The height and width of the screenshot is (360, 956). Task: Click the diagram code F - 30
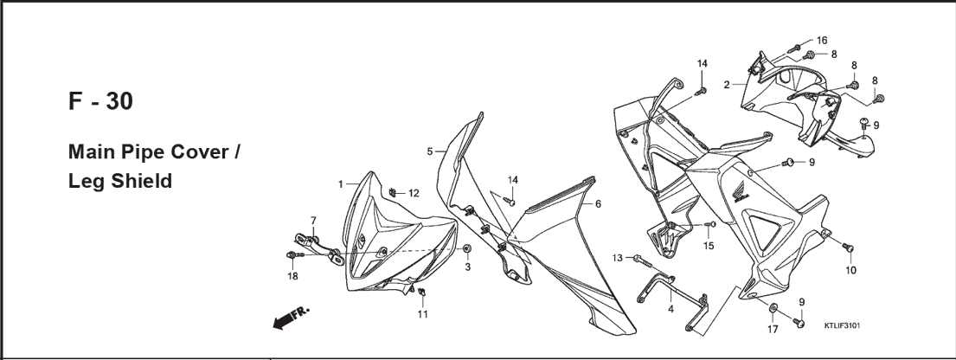[100, 101]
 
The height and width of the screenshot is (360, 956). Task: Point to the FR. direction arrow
[291, 318]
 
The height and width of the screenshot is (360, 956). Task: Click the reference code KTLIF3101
[842, 326]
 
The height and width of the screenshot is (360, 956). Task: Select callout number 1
[341, 183]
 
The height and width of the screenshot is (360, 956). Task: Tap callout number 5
[429, 151]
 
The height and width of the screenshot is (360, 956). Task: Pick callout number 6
[598, 203]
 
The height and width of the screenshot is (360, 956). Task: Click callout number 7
[313, 221]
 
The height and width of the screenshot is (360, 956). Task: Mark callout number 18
[292, 276]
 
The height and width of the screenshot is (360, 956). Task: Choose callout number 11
[422, 314]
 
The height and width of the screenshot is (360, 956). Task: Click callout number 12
[414, 194]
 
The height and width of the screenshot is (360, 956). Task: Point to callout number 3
[468, 267]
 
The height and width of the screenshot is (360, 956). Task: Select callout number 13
[618, 258]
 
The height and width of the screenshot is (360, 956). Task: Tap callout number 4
[670, 309]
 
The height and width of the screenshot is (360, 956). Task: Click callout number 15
[708, 246]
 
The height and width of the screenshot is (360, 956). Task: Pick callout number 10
[850, 270]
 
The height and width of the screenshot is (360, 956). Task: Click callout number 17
[773, 330]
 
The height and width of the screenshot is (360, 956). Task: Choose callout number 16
[822, 41]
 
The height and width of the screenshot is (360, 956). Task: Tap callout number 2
[727, 85]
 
